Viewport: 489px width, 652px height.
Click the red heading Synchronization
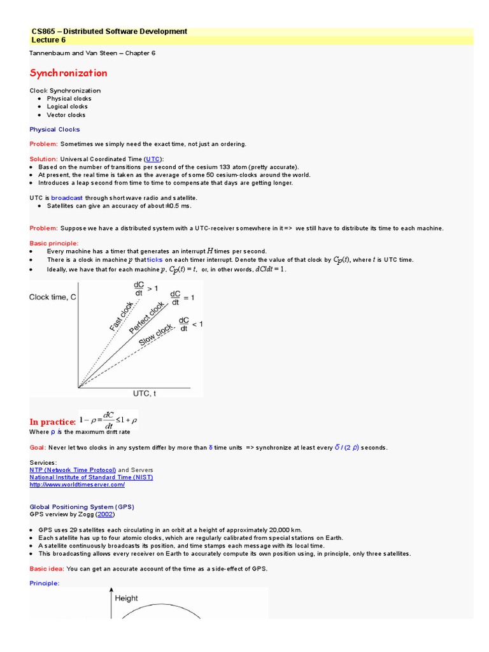[x=68, y=73]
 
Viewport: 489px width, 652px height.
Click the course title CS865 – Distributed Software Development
[x=109, y=31]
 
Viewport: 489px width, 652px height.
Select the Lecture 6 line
[x=48, y=39]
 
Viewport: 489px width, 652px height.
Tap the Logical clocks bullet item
[x=67, y=106]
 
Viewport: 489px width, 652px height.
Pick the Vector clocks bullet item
[x=66, y=115]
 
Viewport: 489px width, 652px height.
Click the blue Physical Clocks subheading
[x=55, y=129]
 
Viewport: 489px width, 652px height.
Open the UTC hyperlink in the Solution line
[x=153, y=159]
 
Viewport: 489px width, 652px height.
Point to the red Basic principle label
[x=54, y=243]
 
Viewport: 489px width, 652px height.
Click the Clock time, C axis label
[x=53, y=297]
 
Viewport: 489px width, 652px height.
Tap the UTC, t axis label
[x=145, y=393]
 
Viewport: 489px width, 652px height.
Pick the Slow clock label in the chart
[x=155, y=335]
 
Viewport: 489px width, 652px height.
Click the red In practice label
[x=53, y=422]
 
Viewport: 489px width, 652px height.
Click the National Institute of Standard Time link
[x=91, y=477]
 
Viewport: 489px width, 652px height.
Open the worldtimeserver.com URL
[x=77, y=485]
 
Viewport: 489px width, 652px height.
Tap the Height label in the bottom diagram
[x=126, y=598]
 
